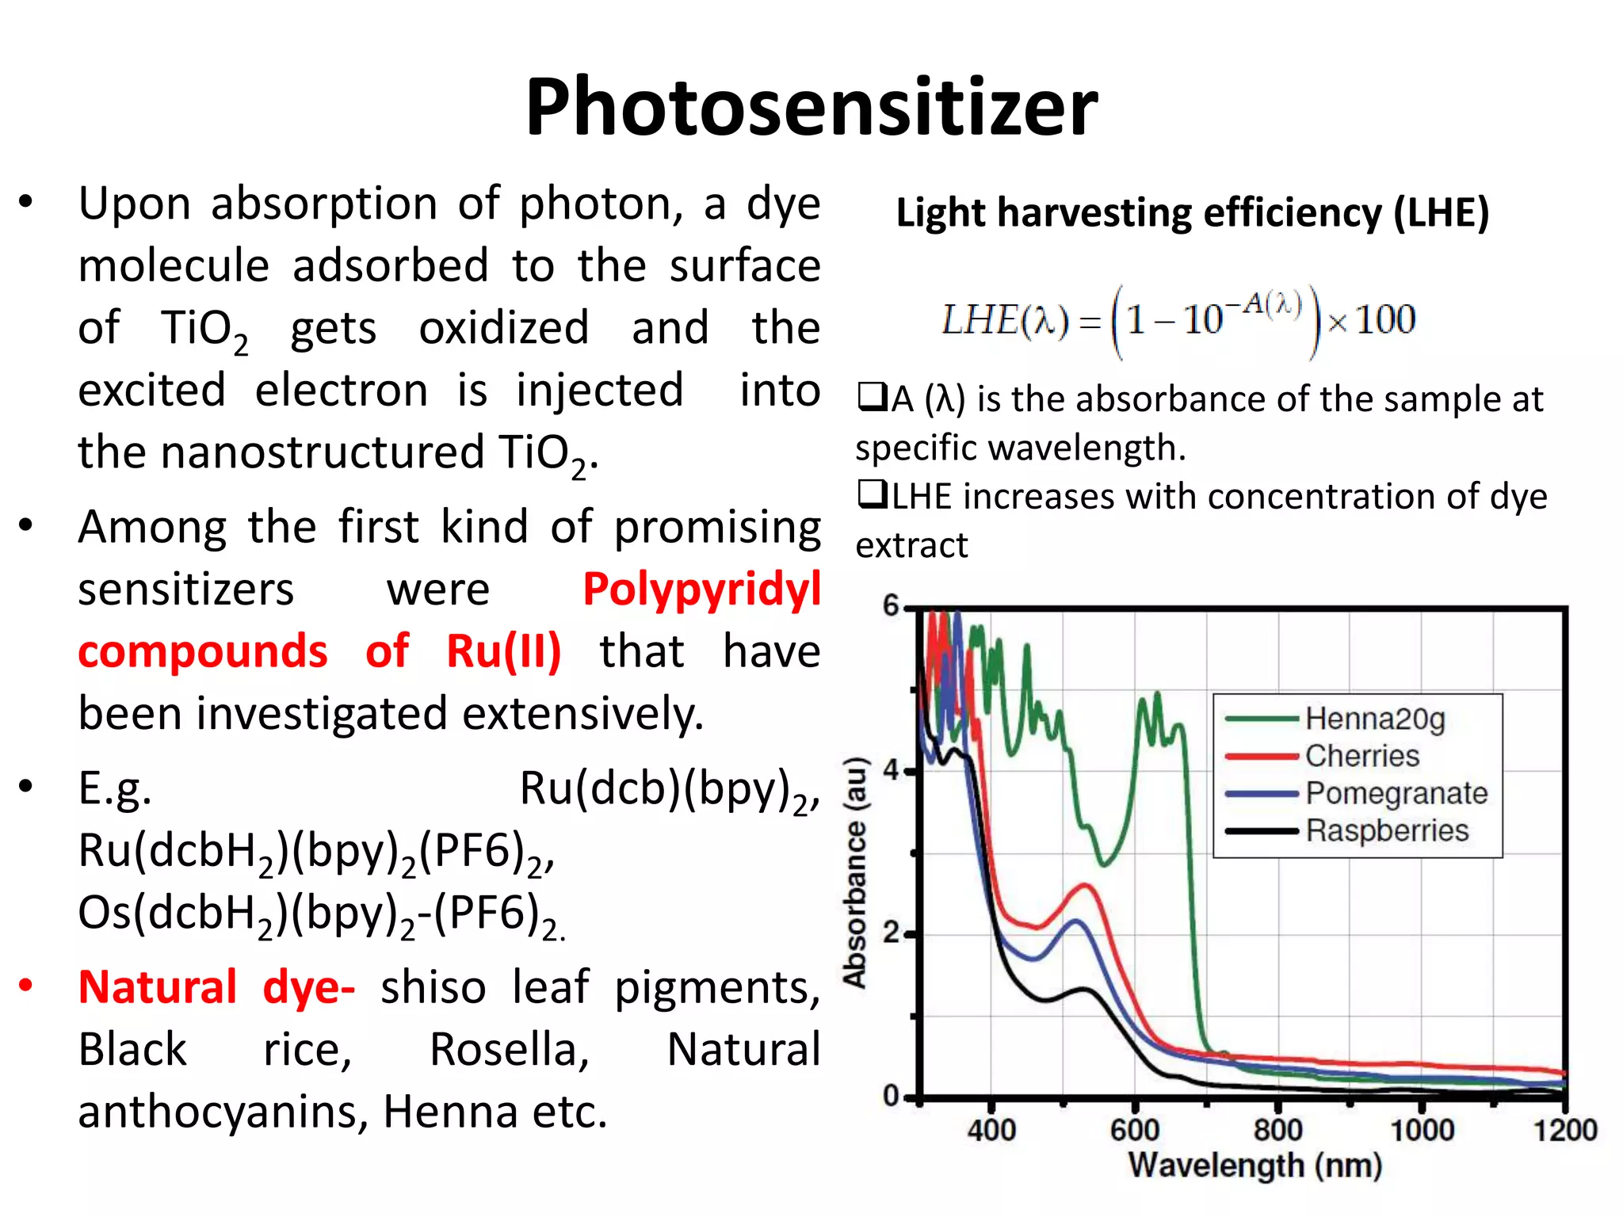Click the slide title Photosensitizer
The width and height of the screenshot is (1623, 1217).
pos(811,107)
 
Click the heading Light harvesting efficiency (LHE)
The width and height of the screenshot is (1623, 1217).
pos(1192,213)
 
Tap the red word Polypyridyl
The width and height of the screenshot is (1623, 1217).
pos(701,590)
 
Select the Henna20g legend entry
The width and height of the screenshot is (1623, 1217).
pos(1374,719)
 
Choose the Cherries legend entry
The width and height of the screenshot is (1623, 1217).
pos(1361,756)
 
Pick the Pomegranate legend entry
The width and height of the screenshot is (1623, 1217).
pos(1396,793)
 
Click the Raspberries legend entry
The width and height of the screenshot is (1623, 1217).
pos(1386,830)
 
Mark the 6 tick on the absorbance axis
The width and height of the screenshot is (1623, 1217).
pos(892,606)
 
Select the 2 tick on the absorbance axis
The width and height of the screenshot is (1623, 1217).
pos(892,933)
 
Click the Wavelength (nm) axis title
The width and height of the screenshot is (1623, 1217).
pos(1255,1165)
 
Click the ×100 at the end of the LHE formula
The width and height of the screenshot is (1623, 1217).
pos(1372,320)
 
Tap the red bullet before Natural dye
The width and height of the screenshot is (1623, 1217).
pos(26,985)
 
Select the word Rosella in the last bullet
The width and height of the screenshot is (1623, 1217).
pos(510,1050)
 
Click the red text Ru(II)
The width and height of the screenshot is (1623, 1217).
pos(503,652)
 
